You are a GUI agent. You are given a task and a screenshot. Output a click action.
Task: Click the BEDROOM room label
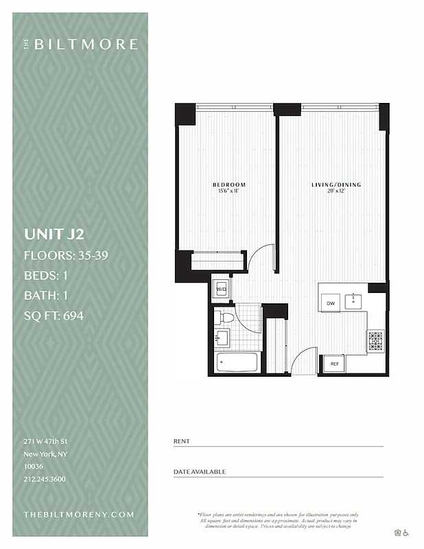(x=228, y=185)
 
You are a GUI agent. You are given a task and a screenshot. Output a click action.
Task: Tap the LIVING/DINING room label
(x=335, y=185)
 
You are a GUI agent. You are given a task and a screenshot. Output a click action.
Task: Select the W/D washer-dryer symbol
(x=222, y=290)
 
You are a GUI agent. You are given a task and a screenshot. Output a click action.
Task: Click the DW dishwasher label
(x=330, y=303)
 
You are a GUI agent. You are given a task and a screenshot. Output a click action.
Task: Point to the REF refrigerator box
(x=335, y=363)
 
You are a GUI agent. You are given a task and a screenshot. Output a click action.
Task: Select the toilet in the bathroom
(x=224, y=318)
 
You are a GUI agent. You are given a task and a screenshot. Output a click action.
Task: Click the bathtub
(x=236, y=362)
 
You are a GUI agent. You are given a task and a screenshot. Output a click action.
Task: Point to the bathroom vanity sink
(x=222, y=338)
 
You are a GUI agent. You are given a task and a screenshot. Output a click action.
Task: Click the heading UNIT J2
(x=54, y=234)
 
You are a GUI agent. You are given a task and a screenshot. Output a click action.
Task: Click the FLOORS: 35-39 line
(x=66, y=256)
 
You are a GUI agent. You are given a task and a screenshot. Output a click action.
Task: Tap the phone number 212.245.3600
(x=45, y=479)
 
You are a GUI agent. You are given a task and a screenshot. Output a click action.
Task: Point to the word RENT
(x=182, y=441)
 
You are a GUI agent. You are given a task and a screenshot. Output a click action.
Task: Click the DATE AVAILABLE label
(x=200, y=472)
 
